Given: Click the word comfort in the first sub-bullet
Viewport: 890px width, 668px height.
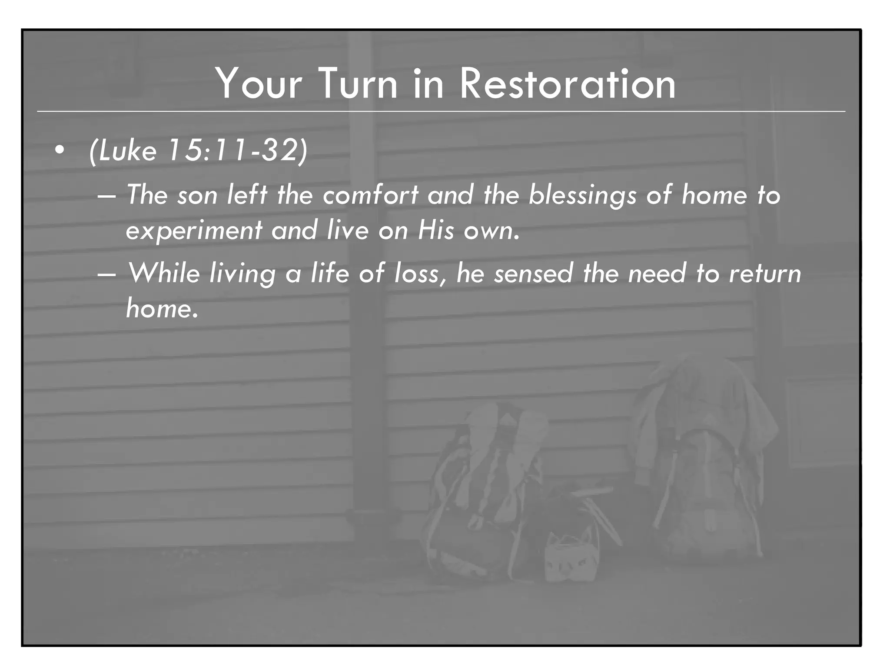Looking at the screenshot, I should [370, 195].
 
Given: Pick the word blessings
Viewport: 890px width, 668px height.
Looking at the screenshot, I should [582, 196].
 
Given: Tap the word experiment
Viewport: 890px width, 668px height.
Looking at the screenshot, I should [194, 230].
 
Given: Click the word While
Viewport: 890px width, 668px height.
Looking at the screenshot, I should [164, 274].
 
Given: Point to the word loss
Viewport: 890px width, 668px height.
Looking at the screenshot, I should [419, 274].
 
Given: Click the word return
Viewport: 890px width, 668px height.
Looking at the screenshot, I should [764, 274].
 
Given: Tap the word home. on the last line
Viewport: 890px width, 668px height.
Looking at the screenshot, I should [162, 309].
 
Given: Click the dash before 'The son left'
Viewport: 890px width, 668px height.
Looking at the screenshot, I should [107, 196].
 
